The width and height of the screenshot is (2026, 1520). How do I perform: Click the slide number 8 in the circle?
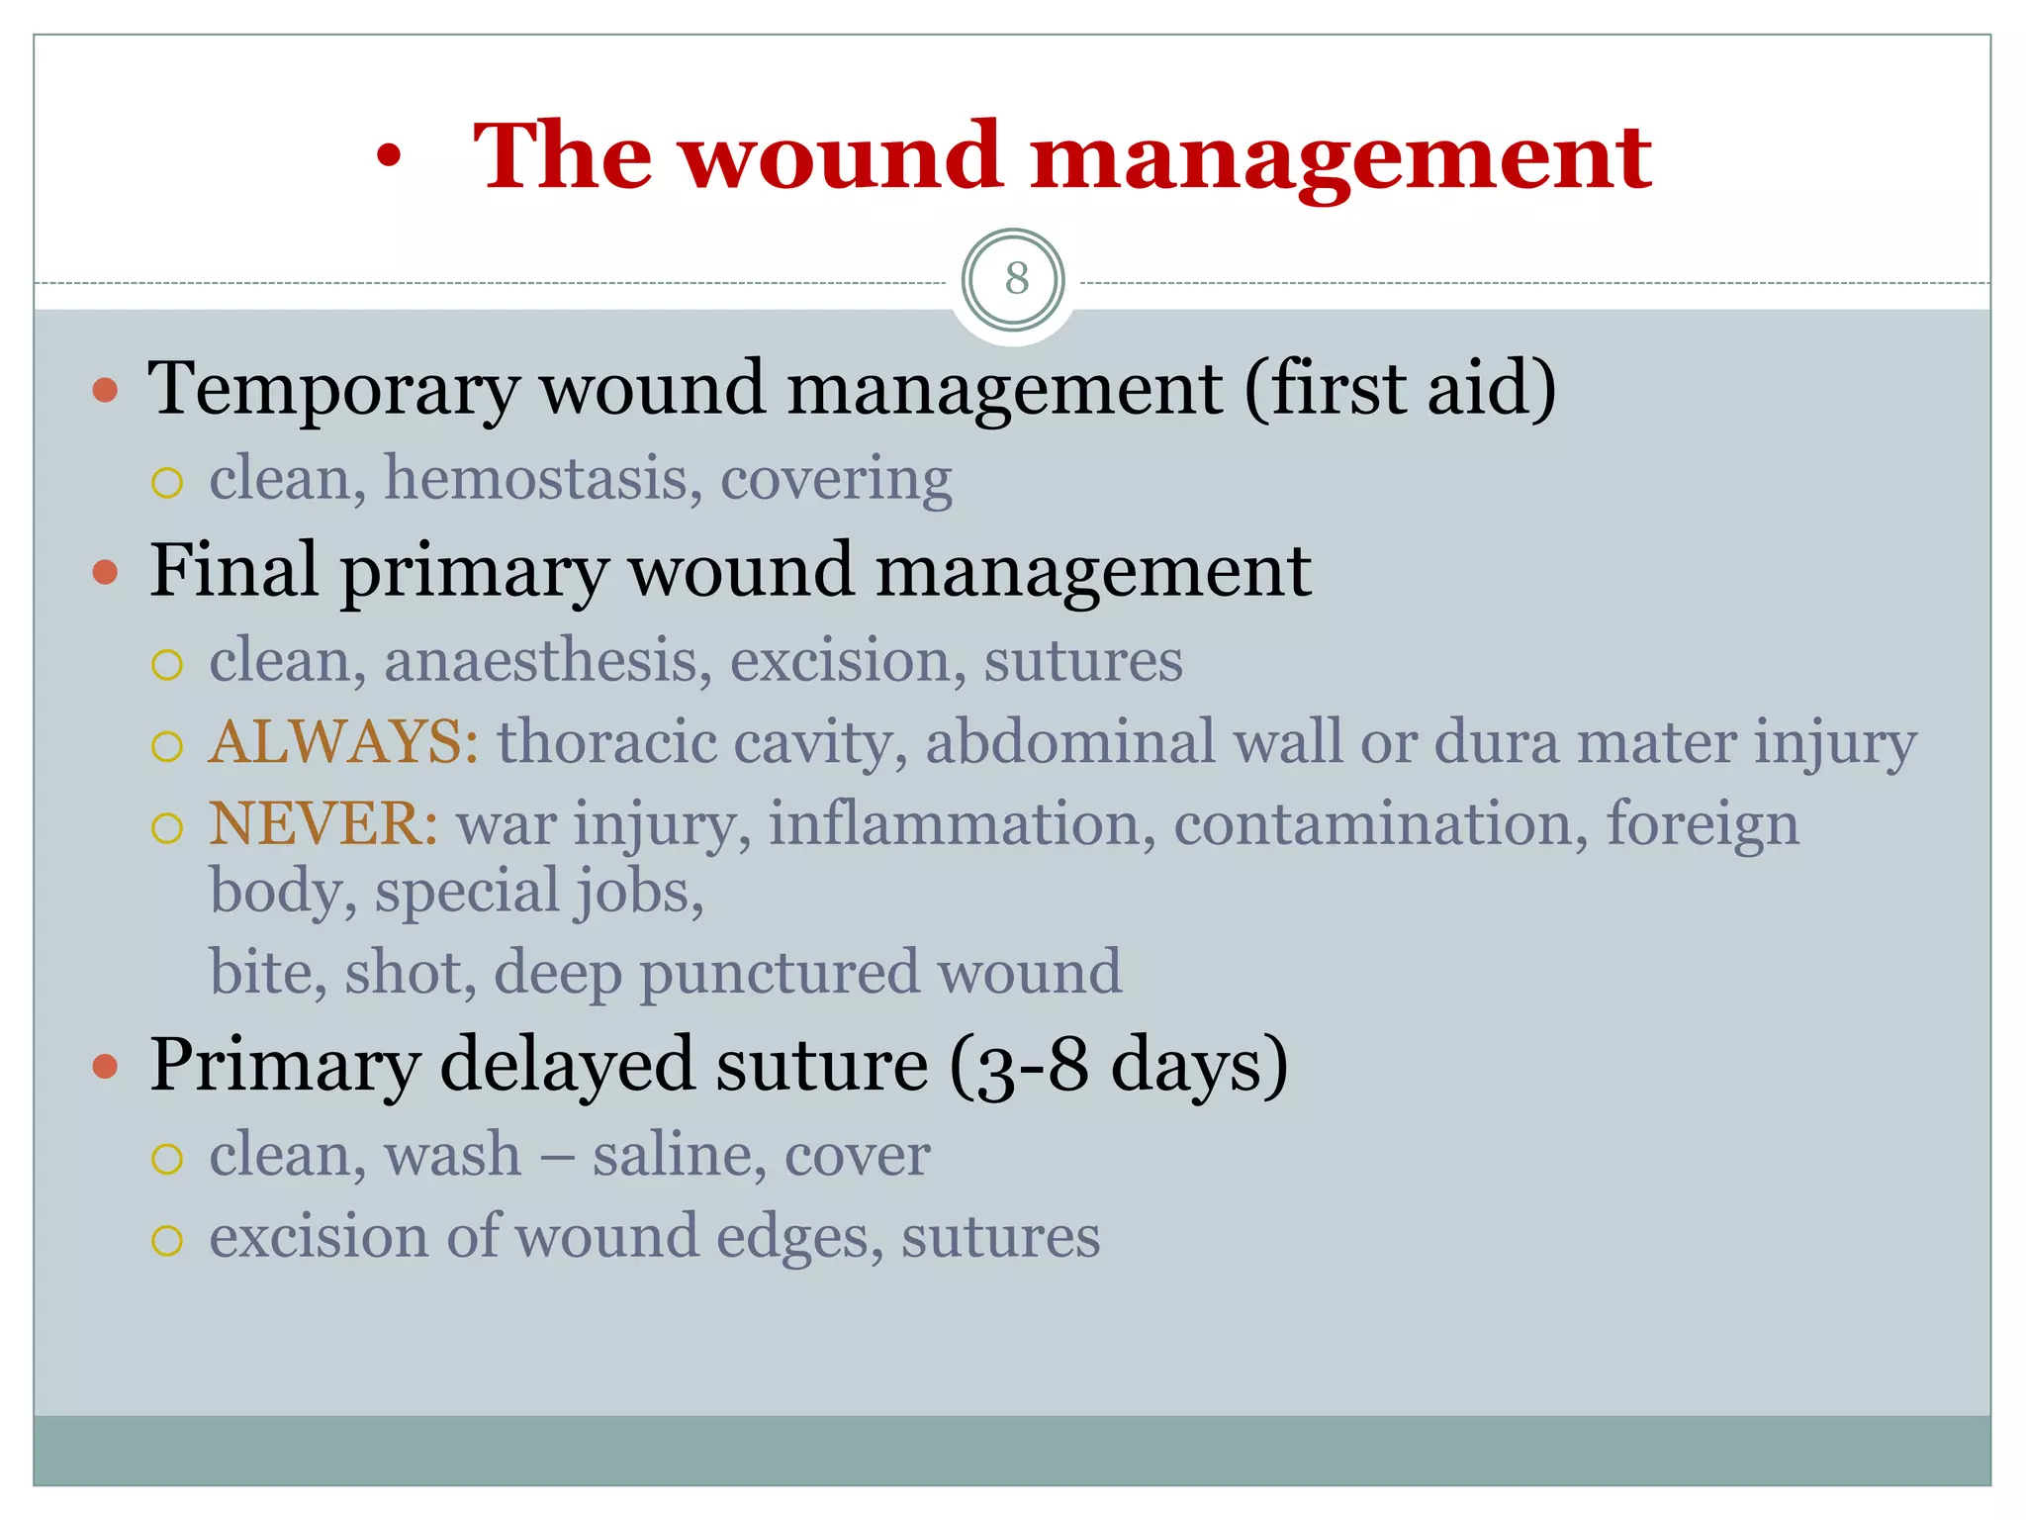pos(1016,279)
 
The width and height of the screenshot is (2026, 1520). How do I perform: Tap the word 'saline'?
pos(678,1154)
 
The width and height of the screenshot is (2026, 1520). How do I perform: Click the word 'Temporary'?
pos(332,389)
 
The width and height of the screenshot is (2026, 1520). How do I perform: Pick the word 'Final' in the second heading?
pos(233,571)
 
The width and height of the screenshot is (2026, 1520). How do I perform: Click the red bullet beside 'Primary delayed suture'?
pos(105,1067)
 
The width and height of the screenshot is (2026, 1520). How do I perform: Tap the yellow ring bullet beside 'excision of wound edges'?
pos(167,1241)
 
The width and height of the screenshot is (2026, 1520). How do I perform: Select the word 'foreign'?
pos(1702,823)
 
